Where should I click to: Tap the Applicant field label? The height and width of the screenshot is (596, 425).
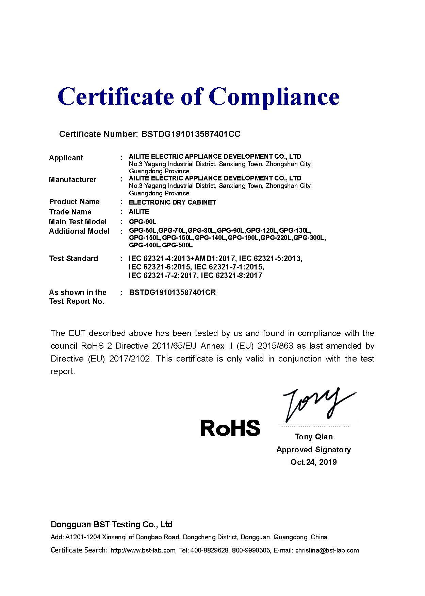[66, 158]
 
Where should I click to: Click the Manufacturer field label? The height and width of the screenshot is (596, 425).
[72, 180]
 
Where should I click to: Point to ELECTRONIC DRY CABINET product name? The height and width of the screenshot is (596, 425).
[172, 202]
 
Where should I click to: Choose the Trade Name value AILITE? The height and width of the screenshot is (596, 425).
[139, 212]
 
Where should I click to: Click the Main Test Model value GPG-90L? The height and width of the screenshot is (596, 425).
[142, 222]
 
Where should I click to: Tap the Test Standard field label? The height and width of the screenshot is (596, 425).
[73, 259]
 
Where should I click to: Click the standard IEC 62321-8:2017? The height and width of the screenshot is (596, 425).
[231, 276]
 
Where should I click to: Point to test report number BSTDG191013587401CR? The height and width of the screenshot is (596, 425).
[172, 293]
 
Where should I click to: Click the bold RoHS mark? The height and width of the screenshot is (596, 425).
[230, 428]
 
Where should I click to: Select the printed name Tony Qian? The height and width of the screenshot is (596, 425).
[313, 437]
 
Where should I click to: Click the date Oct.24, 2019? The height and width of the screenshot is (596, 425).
[313, 462]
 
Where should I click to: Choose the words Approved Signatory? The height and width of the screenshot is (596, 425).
[313, 450]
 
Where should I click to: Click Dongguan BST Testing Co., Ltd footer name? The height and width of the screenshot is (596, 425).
[111, 525]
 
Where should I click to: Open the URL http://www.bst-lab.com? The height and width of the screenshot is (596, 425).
[143, 550]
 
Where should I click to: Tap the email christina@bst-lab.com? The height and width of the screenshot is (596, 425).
[327, 550]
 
